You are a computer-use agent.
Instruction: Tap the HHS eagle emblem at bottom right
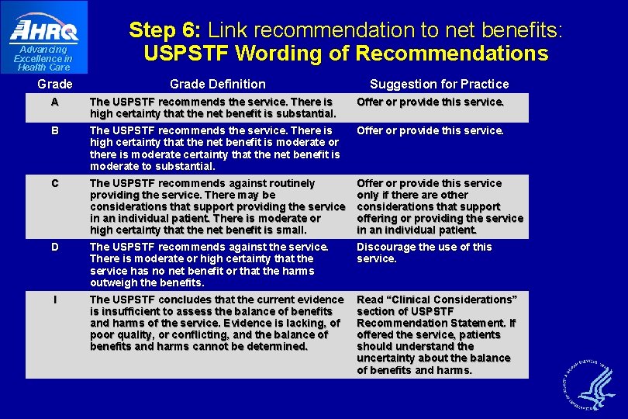[x=591, y=386]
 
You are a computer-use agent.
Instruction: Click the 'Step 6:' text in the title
[x=165, y=30]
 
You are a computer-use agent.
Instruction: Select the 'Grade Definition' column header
[x=217, y=84]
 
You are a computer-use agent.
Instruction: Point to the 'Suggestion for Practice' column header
[x=439, y=84]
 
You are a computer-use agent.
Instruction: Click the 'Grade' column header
[x=54, y=84]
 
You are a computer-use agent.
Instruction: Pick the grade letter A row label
[x=54, y=102]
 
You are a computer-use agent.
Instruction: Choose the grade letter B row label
[x=54, y=130]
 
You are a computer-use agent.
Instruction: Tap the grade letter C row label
[x=54, y=183]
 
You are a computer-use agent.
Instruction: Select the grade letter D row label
[x=54, y=247]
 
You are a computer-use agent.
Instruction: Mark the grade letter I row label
[x=54, y=300]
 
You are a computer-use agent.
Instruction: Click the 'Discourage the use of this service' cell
[x=424, y=252]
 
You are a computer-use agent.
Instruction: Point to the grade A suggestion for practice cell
[x=430, y=102]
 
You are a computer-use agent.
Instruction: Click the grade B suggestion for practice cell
[x=430, y=130]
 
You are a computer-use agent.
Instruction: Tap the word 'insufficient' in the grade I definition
[x=127, y=311]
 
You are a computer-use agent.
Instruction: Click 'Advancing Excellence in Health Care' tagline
[x=43, y=58]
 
